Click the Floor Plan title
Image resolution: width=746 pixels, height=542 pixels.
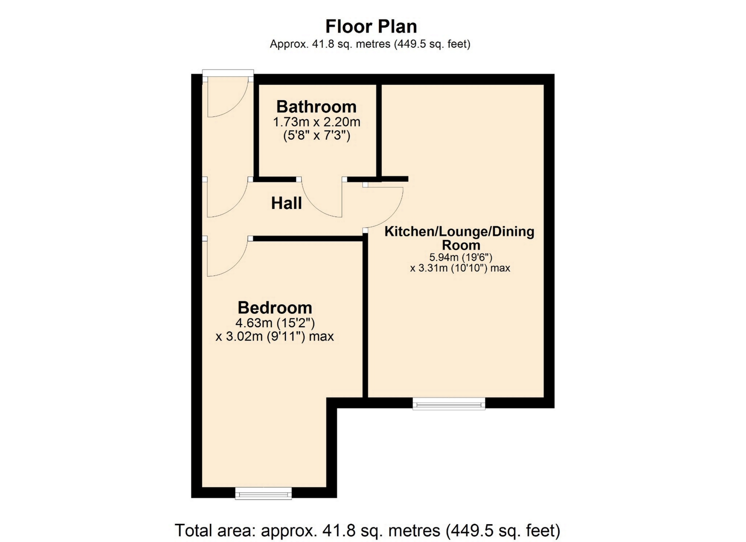(x=371, y=26)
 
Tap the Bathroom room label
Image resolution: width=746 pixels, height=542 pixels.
(x=316, y=106)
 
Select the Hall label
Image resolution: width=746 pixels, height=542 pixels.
(x=286, y=203)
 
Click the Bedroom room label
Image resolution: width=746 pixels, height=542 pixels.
(x=275, y=307)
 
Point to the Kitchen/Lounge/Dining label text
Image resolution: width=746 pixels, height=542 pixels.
(x=460, y=238)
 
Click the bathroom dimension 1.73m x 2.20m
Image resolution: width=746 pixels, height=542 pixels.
(x=317, y=122)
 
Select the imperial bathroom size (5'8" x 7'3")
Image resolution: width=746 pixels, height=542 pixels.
(x=317, y=135)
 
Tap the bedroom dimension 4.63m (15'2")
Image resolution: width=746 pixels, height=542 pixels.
(x=275, y=323)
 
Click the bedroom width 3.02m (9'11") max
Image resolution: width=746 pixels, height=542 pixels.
(x=275, y=336)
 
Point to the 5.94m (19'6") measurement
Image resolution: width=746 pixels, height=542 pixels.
(x=461, y=257)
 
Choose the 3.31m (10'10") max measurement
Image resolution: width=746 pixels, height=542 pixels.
(x=460, y=268)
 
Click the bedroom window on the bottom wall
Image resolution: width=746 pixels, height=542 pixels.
(x=263, y=493)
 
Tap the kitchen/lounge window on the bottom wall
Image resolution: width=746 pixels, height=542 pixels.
(x=449, y=404)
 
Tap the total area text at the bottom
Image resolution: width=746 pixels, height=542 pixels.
(x=368, y=530)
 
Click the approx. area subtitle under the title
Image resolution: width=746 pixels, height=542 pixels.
(x=370, y=44)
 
